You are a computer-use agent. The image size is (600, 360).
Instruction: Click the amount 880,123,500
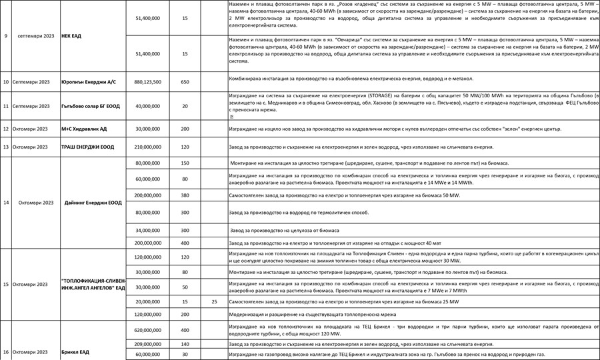tap(147, 82)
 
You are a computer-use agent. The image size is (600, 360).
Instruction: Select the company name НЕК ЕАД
tap(71, 35)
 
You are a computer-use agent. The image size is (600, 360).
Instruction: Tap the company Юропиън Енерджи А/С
tap(88, 82)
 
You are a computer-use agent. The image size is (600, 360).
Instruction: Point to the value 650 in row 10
tap(185, 82)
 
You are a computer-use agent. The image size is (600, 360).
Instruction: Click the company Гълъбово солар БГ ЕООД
tap(91, 106)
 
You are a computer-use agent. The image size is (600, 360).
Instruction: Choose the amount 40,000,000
tap(147, 106)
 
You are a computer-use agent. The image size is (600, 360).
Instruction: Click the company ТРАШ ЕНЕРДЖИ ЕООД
tap(89, 147)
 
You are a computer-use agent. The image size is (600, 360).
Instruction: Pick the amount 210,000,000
tap(147, 147)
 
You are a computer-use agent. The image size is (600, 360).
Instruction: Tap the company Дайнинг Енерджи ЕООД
tap(93, 203)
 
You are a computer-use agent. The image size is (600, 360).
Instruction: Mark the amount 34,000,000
tap(147, 230)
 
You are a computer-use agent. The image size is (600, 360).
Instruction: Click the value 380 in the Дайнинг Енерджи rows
tap(185, 195)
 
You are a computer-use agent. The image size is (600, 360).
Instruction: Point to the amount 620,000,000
tap(147, 330)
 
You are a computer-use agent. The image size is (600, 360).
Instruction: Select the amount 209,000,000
tap(147, 344)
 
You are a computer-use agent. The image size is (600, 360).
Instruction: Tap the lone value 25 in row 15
tap(214, 302)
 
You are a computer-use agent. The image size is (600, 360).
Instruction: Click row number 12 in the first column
tap(6, 129)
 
